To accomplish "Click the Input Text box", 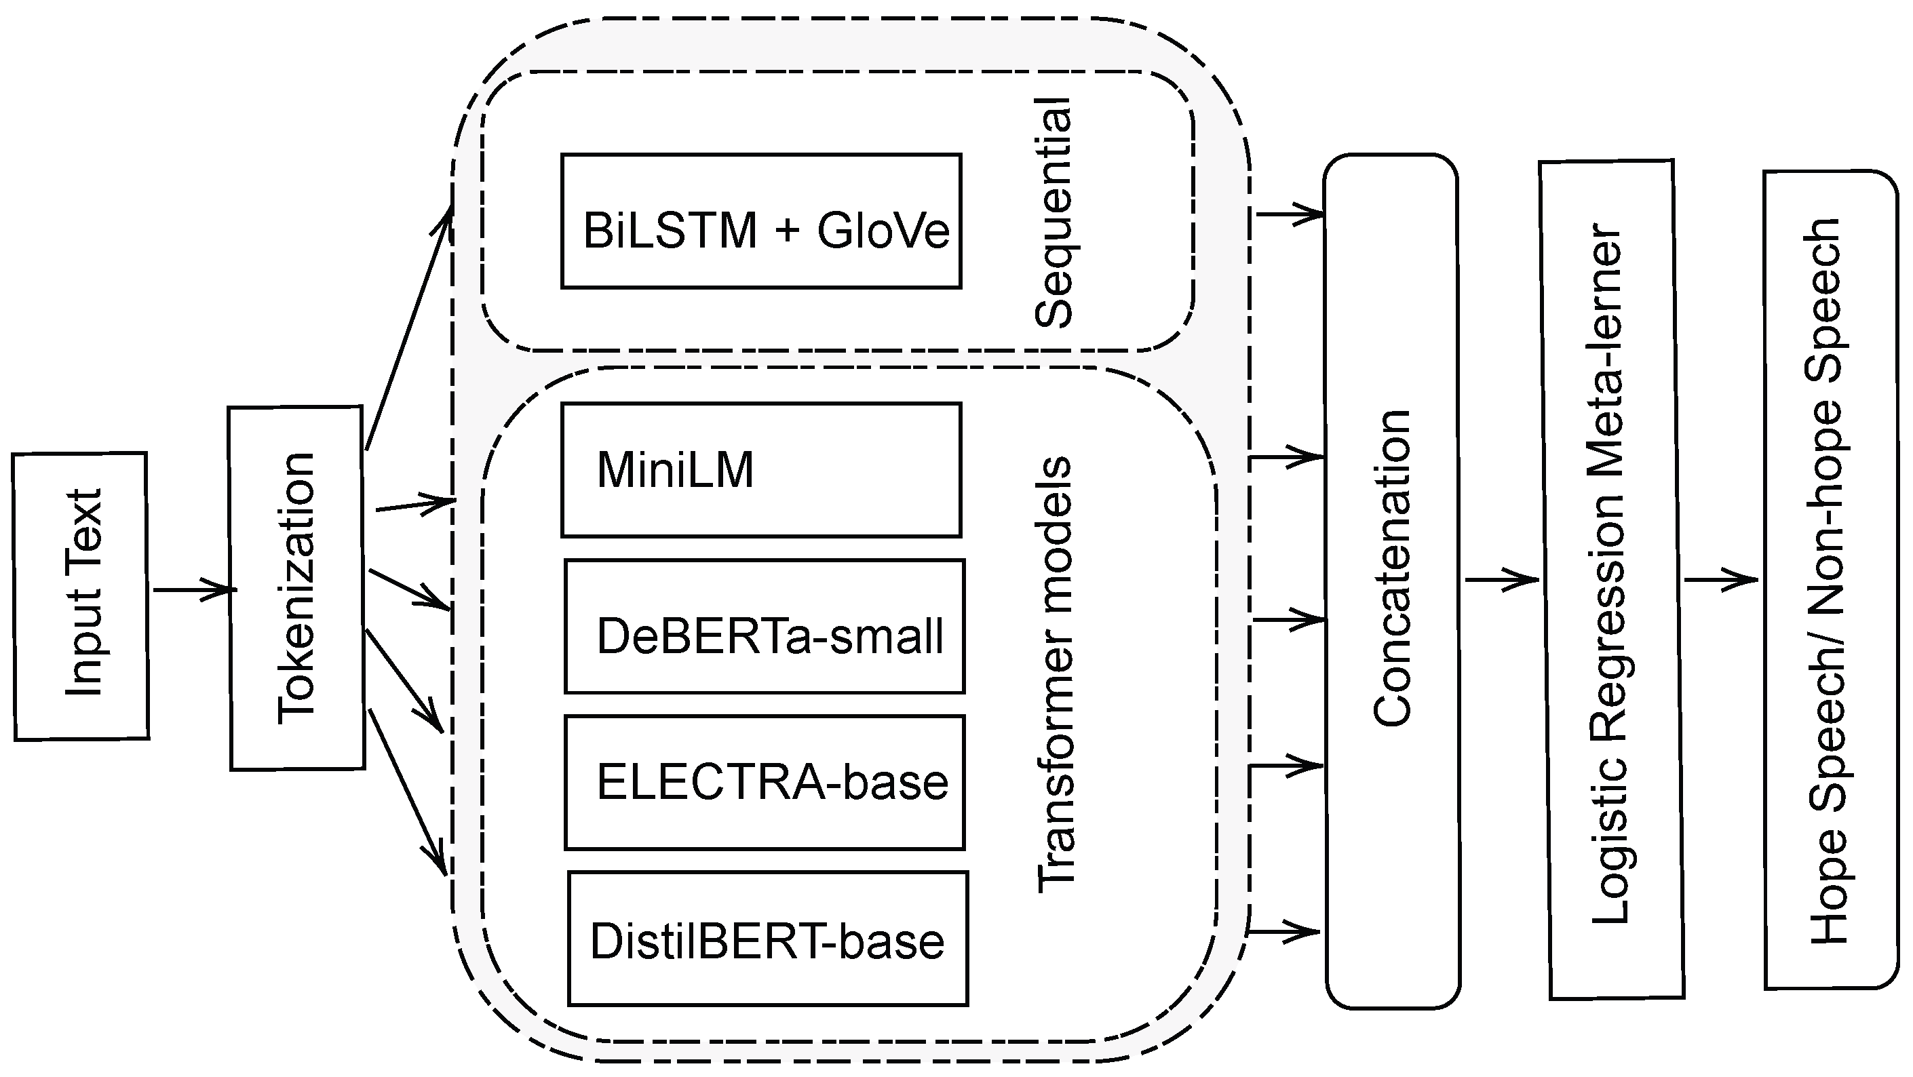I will pyautogui.click(x=81, y=596).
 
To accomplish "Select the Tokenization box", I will pyautogui.click(x=296, y=588).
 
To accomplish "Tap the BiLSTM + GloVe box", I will pyautogui.click(x=761, y=221).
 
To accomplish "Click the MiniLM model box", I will pyautogui.click(x=761, y=470).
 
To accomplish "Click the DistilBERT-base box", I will pyautogui.click(x=768, y=939).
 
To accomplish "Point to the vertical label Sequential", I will pyautogui.click(x=1053, y=213).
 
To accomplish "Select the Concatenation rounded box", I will pyautogui.click(x=1392, y=581).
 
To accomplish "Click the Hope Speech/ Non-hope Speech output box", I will pyautogui.click(x=1830, y=580).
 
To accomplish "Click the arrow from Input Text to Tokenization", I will pyautogui.click(x=193, y=590).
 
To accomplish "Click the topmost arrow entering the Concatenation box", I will pyautogui.click(x=1288, y=214).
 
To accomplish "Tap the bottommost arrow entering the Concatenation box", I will pyautogui.click(x=1285, y=931).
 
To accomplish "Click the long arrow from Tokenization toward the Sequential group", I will pyautogui.click(x=409, y=327).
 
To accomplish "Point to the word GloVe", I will pyautogui.click(x=883, y=231).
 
